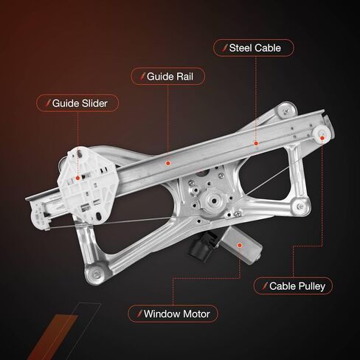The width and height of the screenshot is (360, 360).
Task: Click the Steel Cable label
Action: (254, 48)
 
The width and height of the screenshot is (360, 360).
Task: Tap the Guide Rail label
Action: (167, 77)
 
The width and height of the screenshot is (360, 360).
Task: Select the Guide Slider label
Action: (77, 103)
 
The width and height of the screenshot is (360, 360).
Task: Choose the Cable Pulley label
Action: (293, 286)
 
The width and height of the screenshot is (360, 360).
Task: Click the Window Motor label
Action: (173, 314)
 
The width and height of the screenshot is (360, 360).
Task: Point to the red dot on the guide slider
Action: (77, 178)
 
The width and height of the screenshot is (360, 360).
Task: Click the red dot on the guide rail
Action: (168, 163)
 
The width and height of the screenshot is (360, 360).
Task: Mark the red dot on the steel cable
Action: (256, 143)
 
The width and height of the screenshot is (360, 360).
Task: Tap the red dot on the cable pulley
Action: (322, 138)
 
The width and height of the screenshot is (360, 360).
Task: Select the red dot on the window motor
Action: (240, 245)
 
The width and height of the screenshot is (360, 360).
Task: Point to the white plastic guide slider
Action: (86, 185)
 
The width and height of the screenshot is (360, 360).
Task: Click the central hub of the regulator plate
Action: (214, 201)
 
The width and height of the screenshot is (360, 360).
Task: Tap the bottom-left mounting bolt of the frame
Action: (97, 274)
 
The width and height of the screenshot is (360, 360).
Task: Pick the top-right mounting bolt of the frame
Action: (286, 111)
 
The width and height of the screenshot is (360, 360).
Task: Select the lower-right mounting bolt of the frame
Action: (300, 207)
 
